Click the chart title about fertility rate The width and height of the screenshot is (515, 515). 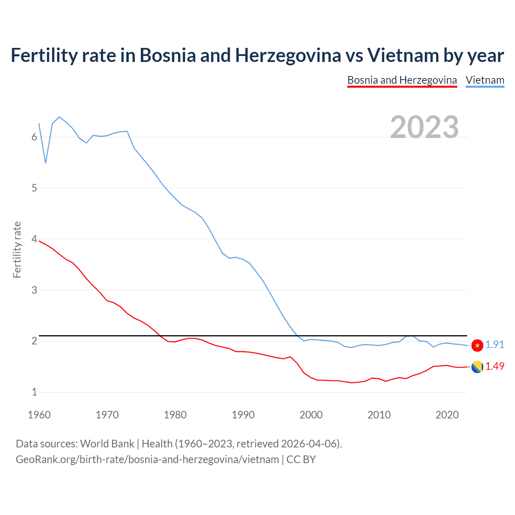pyautogui.click(x=257, y=55)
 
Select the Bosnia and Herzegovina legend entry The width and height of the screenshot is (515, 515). pyautogui.click(x=402, y=80)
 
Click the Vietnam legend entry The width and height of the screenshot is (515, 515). pyautogui.click(x=485, y=80)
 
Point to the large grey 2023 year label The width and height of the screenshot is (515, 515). pyautogui.click(x=424, y=127)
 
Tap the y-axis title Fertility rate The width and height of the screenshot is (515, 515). pyautogui.click(x=17, y=249)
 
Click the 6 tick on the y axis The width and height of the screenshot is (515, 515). pyautogui.click(x=34, y=137)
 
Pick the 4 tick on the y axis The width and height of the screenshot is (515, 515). pyautogui.click(x=34, y=239)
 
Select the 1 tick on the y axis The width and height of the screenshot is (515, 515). pyautogui.click(x=34, y=392)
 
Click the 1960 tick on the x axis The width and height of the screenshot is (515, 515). pyautogui.click(x=39, y=415)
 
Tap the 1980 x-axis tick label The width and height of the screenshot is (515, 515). pyautogui.click(x=175, y=415)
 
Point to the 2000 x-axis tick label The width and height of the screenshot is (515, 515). pyautogui.click(x=311, y=415)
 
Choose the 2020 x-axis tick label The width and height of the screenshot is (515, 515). pyautogui.click(x=447, y=415)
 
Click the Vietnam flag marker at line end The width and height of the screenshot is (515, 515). pyautogui.click(x=477, y=345)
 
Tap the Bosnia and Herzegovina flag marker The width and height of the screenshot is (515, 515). pyautogui.click(x=477, y=367)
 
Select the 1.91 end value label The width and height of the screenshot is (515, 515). pyautogui.click(x=494, y=345)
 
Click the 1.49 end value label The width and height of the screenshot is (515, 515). pyautogui.click(x=494, y=367)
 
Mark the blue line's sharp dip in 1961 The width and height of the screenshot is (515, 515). pyautogui.click(x=45, y=163)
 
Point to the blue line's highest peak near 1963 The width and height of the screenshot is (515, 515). pyautogui.click(x=59, y=117)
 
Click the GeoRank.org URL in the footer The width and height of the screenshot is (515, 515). pyautogui.click(x=147, y=459)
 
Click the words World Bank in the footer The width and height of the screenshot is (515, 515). pyautogui.click(x=107, y=444)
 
